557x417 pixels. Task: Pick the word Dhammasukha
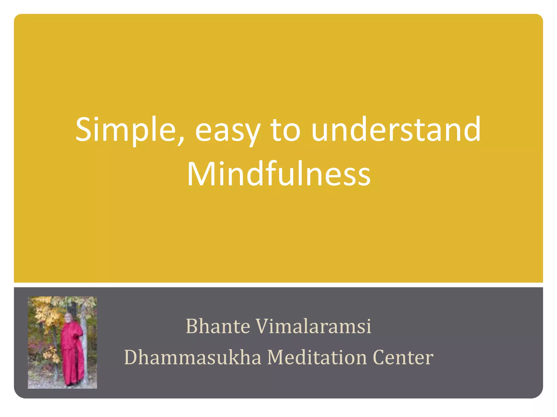click(x=193, y=357)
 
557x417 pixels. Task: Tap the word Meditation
click(x=317, y=357)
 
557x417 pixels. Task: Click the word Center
click(x=403, y=357)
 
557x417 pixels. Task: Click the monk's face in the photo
click(x=68, y=318)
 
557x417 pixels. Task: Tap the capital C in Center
click(x=379, y=357)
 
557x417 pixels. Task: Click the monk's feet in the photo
click(x=71, y=384)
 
